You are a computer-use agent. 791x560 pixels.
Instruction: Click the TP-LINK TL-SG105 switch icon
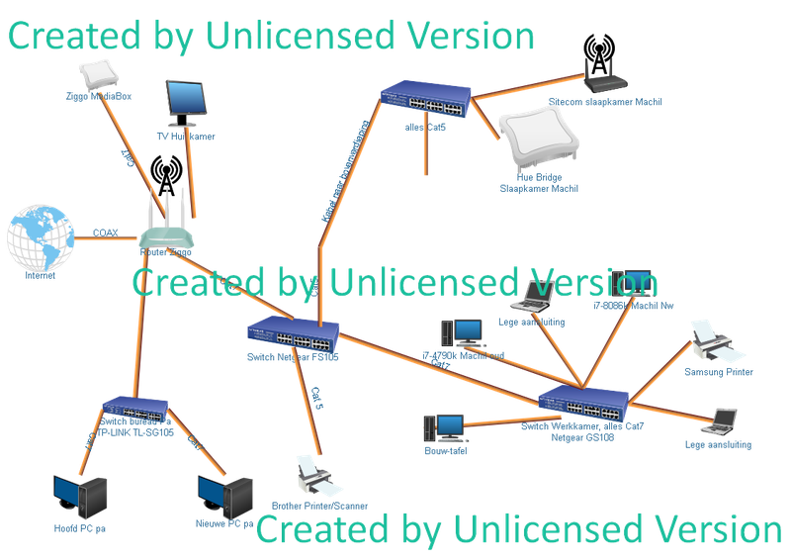pos(135,406)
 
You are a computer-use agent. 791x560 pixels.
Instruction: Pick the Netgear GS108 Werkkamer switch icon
pos(583,402)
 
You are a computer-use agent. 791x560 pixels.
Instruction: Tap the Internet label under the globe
pos(40,279)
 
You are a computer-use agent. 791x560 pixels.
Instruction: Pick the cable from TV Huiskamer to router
pos(191,173)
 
